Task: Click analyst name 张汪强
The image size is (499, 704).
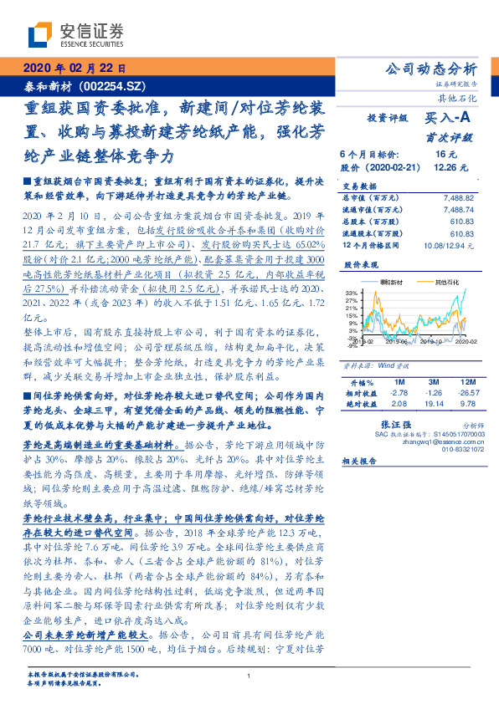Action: tap(396, 425)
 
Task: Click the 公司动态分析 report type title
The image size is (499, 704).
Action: tap(429, 69)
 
